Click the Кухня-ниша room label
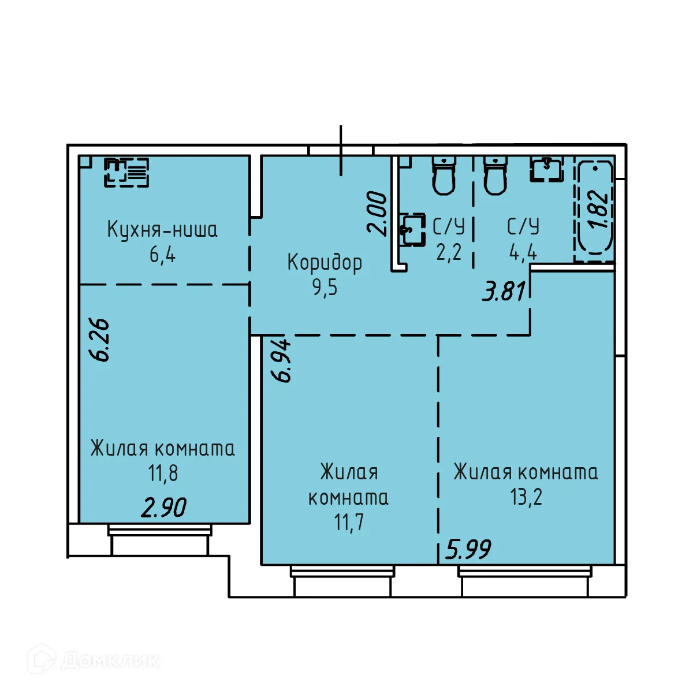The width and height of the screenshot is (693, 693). (162, 229)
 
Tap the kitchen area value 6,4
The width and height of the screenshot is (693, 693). (162, 254)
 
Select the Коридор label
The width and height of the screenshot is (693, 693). (325, 262)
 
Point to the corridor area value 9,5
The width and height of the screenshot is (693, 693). (325, 287)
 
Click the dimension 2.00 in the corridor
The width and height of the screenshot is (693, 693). (378, 213)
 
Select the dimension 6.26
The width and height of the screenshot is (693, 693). (100, 340)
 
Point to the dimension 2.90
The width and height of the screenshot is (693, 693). (164, 508)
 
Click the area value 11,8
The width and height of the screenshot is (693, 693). (163, 474)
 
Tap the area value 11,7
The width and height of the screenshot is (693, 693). (349, 523)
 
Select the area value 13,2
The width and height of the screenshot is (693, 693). (526, 497)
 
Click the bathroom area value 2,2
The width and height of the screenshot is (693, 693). (449, 252)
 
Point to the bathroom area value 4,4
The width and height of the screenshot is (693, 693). (523, 252)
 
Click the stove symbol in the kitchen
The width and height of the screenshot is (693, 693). (126, 172)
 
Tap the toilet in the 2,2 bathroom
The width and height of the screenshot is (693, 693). (444, 176)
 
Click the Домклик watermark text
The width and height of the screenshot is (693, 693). (110, 660)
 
